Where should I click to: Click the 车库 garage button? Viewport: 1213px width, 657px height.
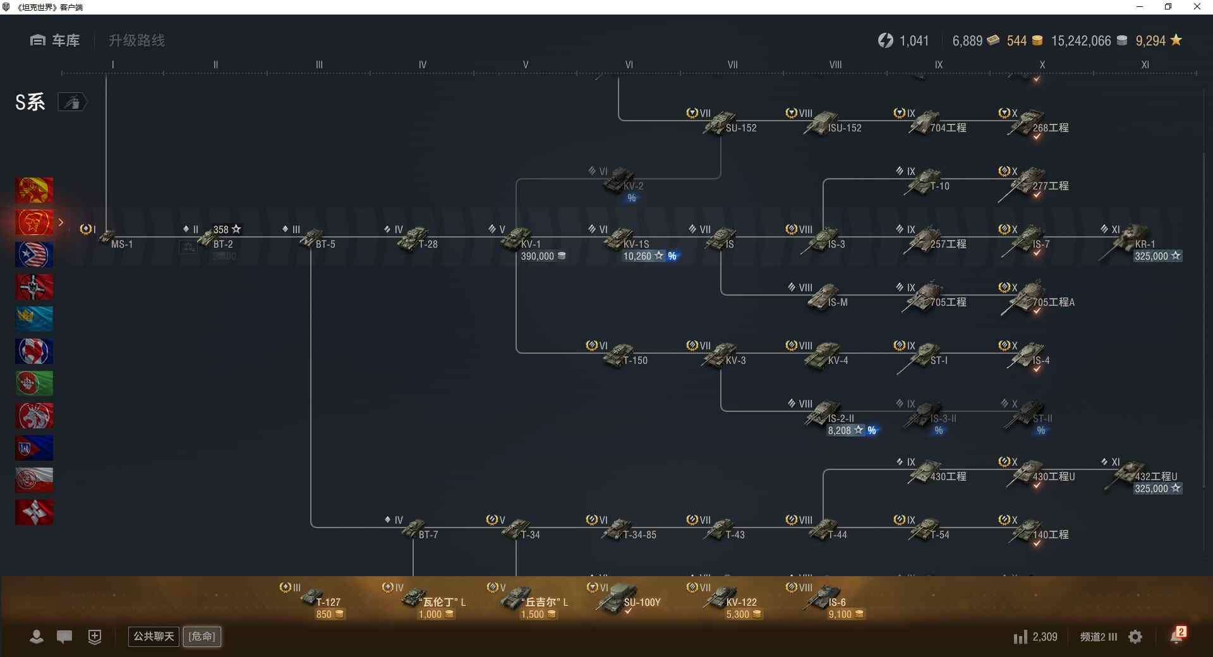[x=56, y=40]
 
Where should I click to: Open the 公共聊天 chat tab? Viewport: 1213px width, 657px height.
[x=154, y=636]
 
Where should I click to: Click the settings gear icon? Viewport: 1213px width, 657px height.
[x=1135, y=637]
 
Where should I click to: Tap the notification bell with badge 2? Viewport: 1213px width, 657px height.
[x=1176, y=636]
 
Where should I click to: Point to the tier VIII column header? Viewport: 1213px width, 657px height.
[x=835, y=64]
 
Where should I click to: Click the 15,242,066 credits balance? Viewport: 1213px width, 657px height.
[x=1081, y=41]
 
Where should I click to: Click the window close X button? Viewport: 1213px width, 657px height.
[x=1197, y=7]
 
